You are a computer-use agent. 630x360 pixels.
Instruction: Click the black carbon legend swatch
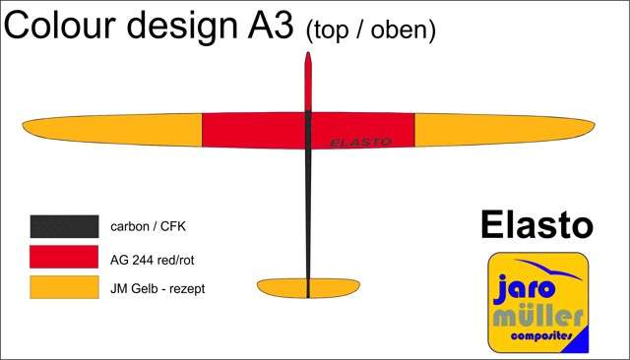coord(64,226)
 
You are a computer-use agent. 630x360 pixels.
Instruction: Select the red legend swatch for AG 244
coord(64,257)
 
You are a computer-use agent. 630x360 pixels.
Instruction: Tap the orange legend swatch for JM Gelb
coord(64,287)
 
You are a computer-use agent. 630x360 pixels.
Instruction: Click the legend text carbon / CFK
coord(148,227)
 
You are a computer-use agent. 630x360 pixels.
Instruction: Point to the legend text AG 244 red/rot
coord(153,260)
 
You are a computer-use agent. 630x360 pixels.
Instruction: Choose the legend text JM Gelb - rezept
coord(157,288)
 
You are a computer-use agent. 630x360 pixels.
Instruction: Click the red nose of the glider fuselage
coord(308,82)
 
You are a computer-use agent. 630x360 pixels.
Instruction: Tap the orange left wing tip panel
coord(112,129)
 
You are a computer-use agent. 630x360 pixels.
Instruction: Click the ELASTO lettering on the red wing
coord(361,142)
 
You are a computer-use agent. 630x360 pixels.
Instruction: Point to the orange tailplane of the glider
coord(308,288)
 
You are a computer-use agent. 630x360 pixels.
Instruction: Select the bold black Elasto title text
coord(536,225)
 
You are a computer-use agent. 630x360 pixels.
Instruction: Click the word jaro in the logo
coord(525,288)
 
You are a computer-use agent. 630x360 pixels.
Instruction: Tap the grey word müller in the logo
coord(537,317)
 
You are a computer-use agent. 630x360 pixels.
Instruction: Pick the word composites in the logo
coord(541,335)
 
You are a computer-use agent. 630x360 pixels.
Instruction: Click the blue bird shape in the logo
coord(548,269)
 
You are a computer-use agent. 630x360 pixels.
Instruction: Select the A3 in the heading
coord(270,25)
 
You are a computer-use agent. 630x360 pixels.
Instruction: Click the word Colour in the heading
coord(60,25)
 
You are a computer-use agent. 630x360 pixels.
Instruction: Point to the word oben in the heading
coord(403,30)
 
